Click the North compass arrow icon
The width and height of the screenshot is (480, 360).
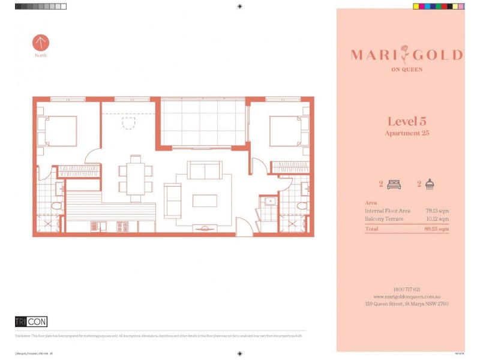tap(41, 43)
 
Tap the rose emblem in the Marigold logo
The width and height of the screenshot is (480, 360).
tap(407, 55)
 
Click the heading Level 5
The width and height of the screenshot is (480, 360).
tap(407, 121)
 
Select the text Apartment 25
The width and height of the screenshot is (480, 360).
tap(407, 133)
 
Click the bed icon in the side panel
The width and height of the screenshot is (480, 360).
tap(393, 185)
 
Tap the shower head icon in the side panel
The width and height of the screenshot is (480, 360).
tap(430, 185)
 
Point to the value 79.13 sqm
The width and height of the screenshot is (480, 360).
tap(437, 211)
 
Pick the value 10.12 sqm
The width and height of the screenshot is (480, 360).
tap(437, 220)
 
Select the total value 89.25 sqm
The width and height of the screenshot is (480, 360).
tap(437, 229)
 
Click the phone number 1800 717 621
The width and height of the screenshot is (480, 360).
tap(407, 289)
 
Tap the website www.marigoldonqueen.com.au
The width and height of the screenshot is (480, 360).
tap(407, 296)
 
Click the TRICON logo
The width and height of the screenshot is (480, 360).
tap(31, 322)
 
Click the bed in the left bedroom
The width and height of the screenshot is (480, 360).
tap(58, 131)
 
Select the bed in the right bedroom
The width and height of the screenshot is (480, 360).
tap(289, 131)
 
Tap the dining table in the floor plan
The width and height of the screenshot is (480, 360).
tap(136, 175)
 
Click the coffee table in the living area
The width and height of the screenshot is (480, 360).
tap(205, 200)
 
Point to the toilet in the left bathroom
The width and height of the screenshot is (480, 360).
tap(57, 206)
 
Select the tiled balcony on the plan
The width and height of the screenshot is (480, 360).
tap(203, 123)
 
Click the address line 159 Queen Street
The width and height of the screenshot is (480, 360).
tap(407, 304)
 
